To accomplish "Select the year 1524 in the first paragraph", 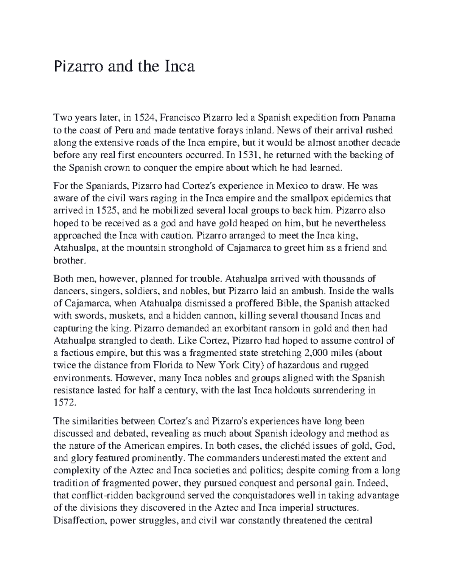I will [x=142, y=118].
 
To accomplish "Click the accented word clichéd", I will [x=299, y=446].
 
